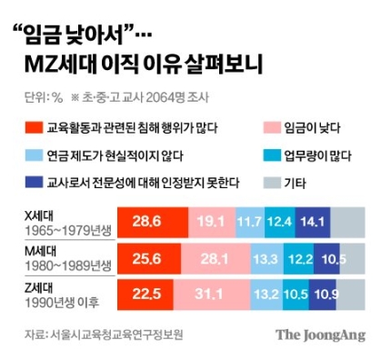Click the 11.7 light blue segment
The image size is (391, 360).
[248, 222]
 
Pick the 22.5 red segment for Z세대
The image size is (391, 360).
[144, 293]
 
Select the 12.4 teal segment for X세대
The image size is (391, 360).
[279, 222]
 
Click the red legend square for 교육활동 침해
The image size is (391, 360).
[31, 127]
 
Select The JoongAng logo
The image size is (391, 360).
[320, 334]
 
